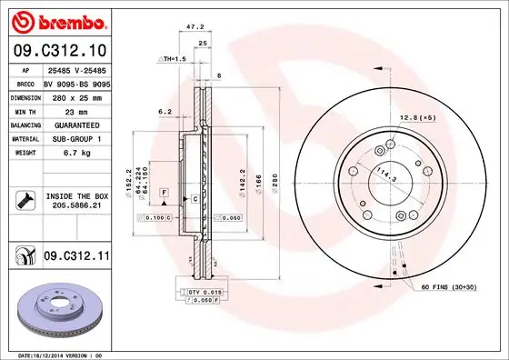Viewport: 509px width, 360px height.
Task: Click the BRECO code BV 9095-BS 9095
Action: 76,83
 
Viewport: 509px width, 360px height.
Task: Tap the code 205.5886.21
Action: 75,206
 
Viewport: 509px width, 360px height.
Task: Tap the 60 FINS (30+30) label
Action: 449,286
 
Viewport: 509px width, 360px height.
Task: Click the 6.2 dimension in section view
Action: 164,112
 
